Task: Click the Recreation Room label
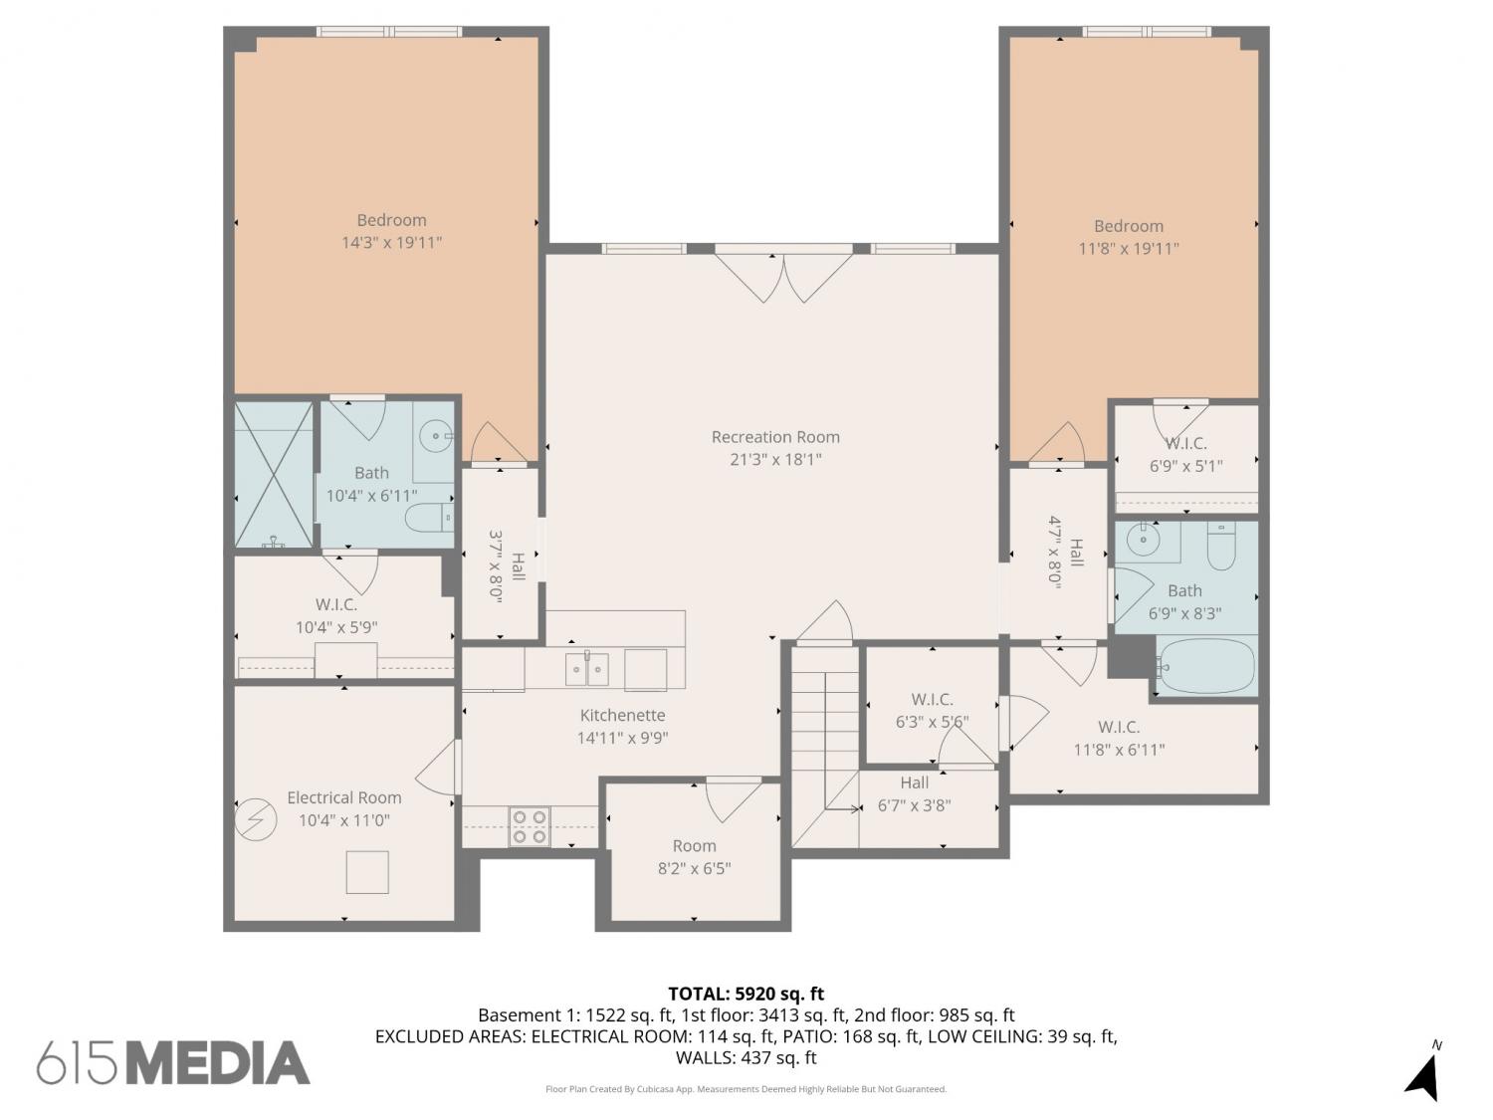775,437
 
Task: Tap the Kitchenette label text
622,715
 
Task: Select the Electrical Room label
344,797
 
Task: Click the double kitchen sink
587,668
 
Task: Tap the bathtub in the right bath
1206,666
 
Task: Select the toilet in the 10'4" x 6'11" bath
430,517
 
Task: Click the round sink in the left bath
435,435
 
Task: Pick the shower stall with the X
274,475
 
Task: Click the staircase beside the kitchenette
825,746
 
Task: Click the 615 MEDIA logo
173,1062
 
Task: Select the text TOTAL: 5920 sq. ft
746,995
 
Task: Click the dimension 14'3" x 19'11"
392,242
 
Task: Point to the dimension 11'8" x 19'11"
1129,248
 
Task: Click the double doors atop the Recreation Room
783,278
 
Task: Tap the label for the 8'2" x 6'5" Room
694,845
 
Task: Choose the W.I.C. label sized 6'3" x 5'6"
932,699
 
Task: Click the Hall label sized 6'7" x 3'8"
914,783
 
